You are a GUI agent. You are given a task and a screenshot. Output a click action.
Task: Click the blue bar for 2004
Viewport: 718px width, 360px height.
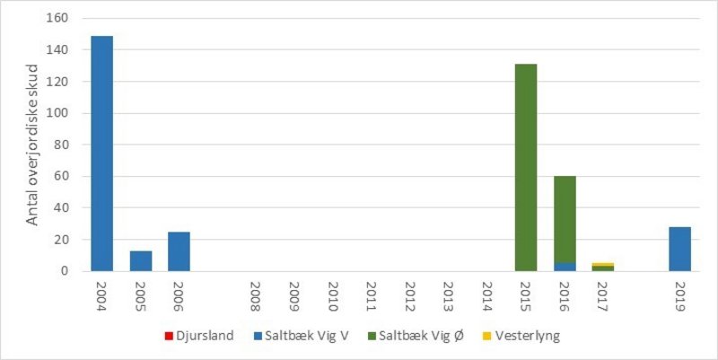click(102, 154)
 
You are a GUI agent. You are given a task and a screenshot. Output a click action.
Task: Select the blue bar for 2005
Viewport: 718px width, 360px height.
click(141, 260)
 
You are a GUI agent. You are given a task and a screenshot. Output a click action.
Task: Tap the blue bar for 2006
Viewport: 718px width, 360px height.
click(179, 251)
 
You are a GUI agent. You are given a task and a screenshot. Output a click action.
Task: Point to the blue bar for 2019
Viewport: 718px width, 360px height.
click(679, 249)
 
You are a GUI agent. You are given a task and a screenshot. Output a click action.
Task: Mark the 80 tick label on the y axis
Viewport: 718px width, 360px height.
click(71, 145)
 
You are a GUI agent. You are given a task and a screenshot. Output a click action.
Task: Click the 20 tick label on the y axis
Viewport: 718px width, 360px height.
click(71, 240)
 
